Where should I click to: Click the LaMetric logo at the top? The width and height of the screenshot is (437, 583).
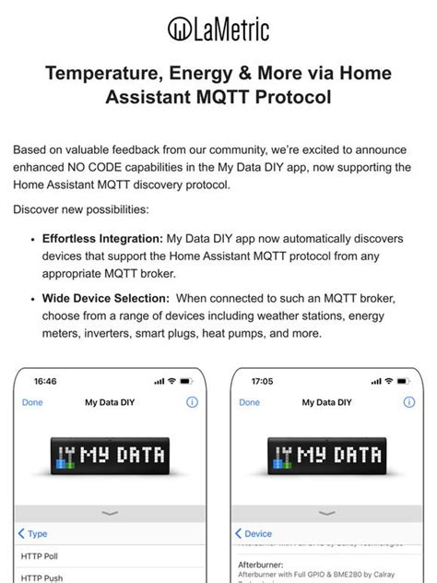[x=218, y=30]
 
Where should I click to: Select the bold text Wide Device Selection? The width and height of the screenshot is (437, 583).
[x=106, y=298]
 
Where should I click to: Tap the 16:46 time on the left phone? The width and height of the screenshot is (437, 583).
[x=45, y=380]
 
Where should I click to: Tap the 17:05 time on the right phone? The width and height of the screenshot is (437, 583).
[x=262, y=380]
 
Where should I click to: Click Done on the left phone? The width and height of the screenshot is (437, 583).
[x=32, y=402]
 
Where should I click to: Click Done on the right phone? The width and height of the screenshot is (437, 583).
[x=249, y=402]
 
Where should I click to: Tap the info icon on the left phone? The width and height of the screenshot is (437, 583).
[x=192, y=402]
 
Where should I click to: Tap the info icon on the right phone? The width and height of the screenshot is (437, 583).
[x=408, y=402]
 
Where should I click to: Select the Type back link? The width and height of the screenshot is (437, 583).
[x=33, y=533]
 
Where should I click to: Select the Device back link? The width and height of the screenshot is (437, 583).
[x=254, y=533]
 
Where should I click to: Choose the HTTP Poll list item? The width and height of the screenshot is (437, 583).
[x=40, y=556]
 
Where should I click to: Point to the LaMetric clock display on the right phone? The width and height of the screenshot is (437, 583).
[x=327, y=456]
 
